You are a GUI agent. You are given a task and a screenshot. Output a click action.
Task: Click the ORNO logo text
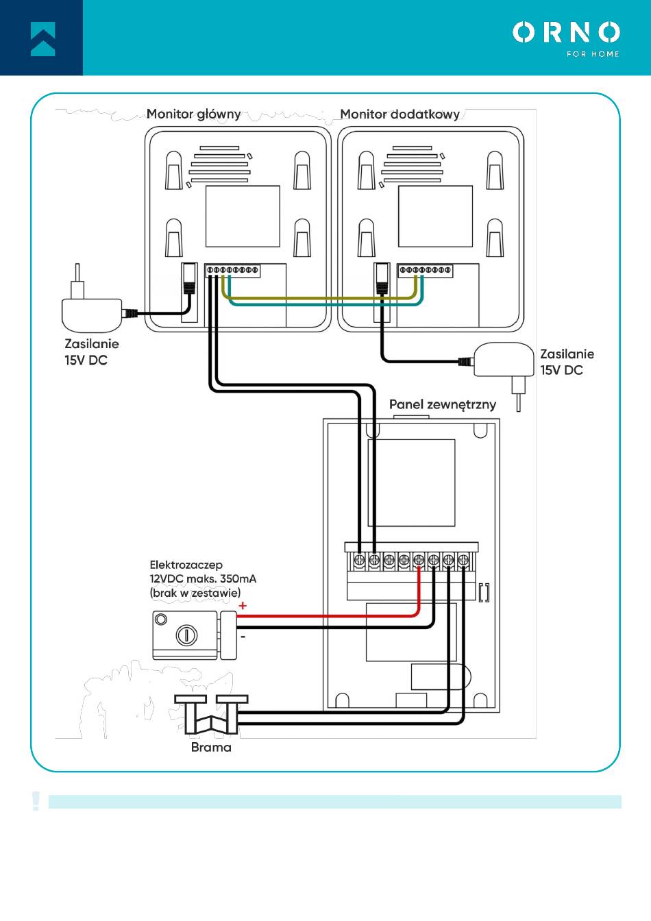coord(566,32)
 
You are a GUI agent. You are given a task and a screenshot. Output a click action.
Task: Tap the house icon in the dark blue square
coord(42,39)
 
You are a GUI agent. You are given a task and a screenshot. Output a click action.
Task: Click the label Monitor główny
coord(194,114)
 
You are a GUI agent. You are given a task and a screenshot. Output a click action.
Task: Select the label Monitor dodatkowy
coord(400,114)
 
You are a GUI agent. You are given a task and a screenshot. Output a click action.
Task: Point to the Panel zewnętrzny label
coord(443,404)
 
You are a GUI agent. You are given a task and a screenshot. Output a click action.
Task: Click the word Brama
coord(211,747)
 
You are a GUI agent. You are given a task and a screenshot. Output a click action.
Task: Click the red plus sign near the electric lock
coord(243,606)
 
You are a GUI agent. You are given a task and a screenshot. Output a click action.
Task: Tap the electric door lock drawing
coord(195,635)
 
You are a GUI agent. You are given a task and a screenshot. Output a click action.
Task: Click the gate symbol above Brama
coord(211,714)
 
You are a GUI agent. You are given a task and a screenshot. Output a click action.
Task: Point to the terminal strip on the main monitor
coord(233,270)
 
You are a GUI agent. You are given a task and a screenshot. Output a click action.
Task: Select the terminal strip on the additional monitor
coord(426,270)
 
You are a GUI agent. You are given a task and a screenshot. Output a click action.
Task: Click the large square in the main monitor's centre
coord(243,217)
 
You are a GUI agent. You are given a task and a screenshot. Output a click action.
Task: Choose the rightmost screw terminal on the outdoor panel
coord(463,560)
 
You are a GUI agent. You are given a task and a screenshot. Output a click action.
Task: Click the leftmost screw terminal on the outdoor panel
coord(360,560)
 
